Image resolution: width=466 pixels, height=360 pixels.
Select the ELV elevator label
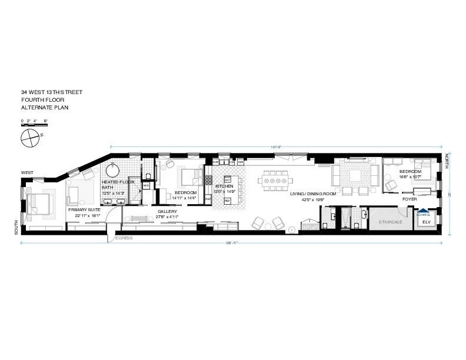(427, 222)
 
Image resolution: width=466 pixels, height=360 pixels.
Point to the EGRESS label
(124, 238)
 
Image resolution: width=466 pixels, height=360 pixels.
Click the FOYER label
(410, 199)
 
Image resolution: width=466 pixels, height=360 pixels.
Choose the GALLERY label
(168, 212)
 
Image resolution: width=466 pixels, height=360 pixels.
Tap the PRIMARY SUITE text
(84, 209)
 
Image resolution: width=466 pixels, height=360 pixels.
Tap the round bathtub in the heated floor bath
(113, 171)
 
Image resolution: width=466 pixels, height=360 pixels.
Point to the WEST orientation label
(27, 172)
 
